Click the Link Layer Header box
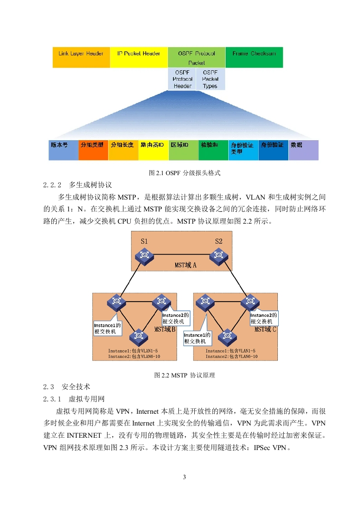click(81, 58)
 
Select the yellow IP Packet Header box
click(139, 58)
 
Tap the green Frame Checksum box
click(254, 58)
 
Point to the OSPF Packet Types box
click(211, 79)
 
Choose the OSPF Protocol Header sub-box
click(182, 79)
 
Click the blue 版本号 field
click(64, 150)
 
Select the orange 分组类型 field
click(93, 150)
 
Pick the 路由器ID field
click(153, 150)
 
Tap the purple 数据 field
click(303, 150)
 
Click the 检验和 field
click(213, 150)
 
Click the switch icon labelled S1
click(144, 256)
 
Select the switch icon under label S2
click(219, 256)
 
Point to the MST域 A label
click(186, 265)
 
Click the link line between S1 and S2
click(182, 254)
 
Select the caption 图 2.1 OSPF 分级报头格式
click(185, 173)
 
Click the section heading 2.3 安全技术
click(67, 387)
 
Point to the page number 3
click(184, 477)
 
